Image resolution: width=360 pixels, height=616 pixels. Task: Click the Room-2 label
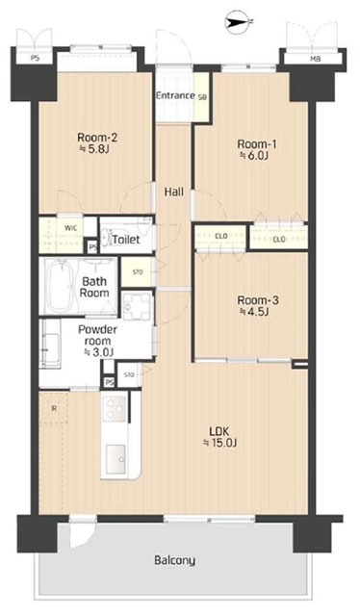pos(97,138)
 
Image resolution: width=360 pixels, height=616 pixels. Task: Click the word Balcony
pos(174,560)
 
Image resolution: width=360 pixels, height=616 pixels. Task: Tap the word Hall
pos(174,192)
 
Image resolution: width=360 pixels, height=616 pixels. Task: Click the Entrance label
pos(175,95)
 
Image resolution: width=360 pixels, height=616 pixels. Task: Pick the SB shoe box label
pos(202,96)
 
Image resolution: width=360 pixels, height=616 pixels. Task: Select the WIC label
pos(71,228)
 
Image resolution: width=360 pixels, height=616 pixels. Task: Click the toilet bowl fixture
pos(107,238)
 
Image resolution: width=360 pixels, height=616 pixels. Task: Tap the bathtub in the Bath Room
pos(60,285)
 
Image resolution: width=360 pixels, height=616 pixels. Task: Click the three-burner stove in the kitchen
pos(115,409)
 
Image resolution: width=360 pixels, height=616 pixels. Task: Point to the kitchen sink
pos(116,457)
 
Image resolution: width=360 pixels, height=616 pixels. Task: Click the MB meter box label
pos(314,60)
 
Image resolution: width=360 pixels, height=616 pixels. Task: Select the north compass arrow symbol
pos(238,22)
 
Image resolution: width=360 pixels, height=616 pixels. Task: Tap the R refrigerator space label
pos(54,408)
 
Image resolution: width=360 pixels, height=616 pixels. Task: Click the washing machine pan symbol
pos(137,306)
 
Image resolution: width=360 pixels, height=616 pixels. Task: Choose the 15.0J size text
pos(219,443)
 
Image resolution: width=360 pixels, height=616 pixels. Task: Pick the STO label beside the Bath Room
pos(138,271)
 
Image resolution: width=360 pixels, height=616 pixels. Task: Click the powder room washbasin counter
pos(50,344)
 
